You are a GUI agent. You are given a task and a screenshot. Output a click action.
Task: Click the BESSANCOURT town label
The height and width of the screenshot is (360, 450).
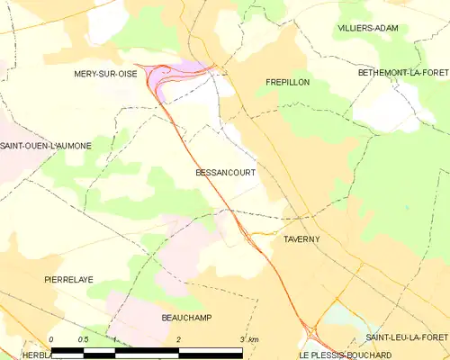tap(224, 172)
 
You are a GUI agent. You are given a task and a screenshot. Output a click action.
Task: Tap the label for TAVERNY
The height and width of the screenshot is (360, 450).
tap(301, 238)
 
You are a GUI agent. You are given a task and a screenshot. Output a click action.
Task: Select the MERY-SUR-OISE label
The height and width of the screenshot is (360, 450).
tap(105, 75)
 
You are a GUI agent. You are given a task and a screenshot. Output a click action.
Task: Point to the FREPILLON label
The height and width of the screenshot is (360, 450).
tap(288, 81)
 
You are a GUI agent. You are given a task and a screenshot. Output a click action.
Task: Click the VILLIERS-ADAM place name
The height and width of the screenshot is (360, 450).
tap(368, 29)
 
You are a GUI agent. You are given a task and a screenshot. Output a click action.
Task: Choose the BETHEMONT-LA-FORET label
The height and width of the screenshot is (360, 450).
tap(402, 71)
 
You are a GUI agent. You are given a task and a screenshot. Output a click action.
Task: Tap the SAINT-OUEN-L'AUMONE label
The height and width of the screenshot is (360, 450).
tap(46, 145)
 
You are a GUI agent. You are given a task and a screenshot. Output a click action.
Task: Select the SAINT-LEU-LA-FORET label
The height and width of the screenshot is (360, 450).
tap(406, 337)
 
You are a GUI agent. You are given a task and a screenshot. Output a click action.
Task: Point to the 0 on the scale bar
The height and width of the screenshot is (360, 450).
tap(52, 338)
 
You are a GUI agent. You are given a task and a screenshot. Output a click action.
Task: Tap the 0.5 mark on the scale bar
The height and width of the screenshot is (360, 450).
tap(82, 338)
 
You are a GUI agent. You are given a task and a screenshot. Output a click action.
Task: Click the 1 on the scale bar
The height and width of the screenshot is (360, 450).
tap(115, 338)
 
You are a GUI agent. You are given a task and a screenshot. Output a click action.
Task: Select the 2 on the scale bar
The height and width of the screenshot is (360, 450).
tap(179, 338)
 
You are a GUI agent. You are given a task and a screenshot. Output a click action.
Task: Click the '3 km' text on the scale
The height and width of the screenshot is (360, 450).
tap(249, 338)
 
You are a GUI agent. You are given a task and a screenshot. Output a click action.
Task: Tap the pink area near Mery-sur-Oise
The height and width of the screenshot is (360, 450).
tap(184, 73)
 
